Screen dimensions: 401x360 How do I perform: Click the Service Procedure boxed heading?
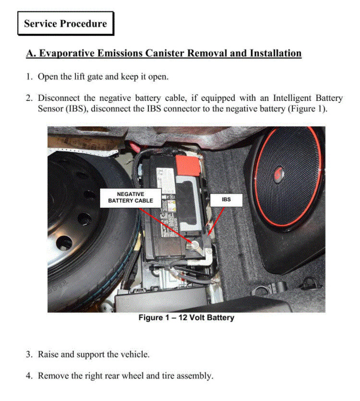tap(65, 24)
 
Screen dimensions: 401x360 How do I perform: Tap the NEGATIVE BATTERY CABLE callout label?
tap(131, 197)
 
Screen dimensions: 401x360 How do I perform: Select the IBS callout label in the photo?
tap(226, 198)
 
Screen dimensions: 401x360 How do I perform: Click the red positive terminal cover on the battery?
tap(186, 165)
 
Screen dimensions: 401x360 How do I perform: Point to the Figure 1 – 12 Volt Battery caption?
tap(186, 318)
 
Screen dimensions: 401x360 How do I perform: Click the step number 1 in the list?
tap(29, 77)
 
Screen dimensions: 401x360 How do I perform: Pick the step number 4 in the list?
tap(29, 376)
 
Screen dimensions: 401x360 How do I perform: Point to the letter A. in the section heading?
tap(31, 53)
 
